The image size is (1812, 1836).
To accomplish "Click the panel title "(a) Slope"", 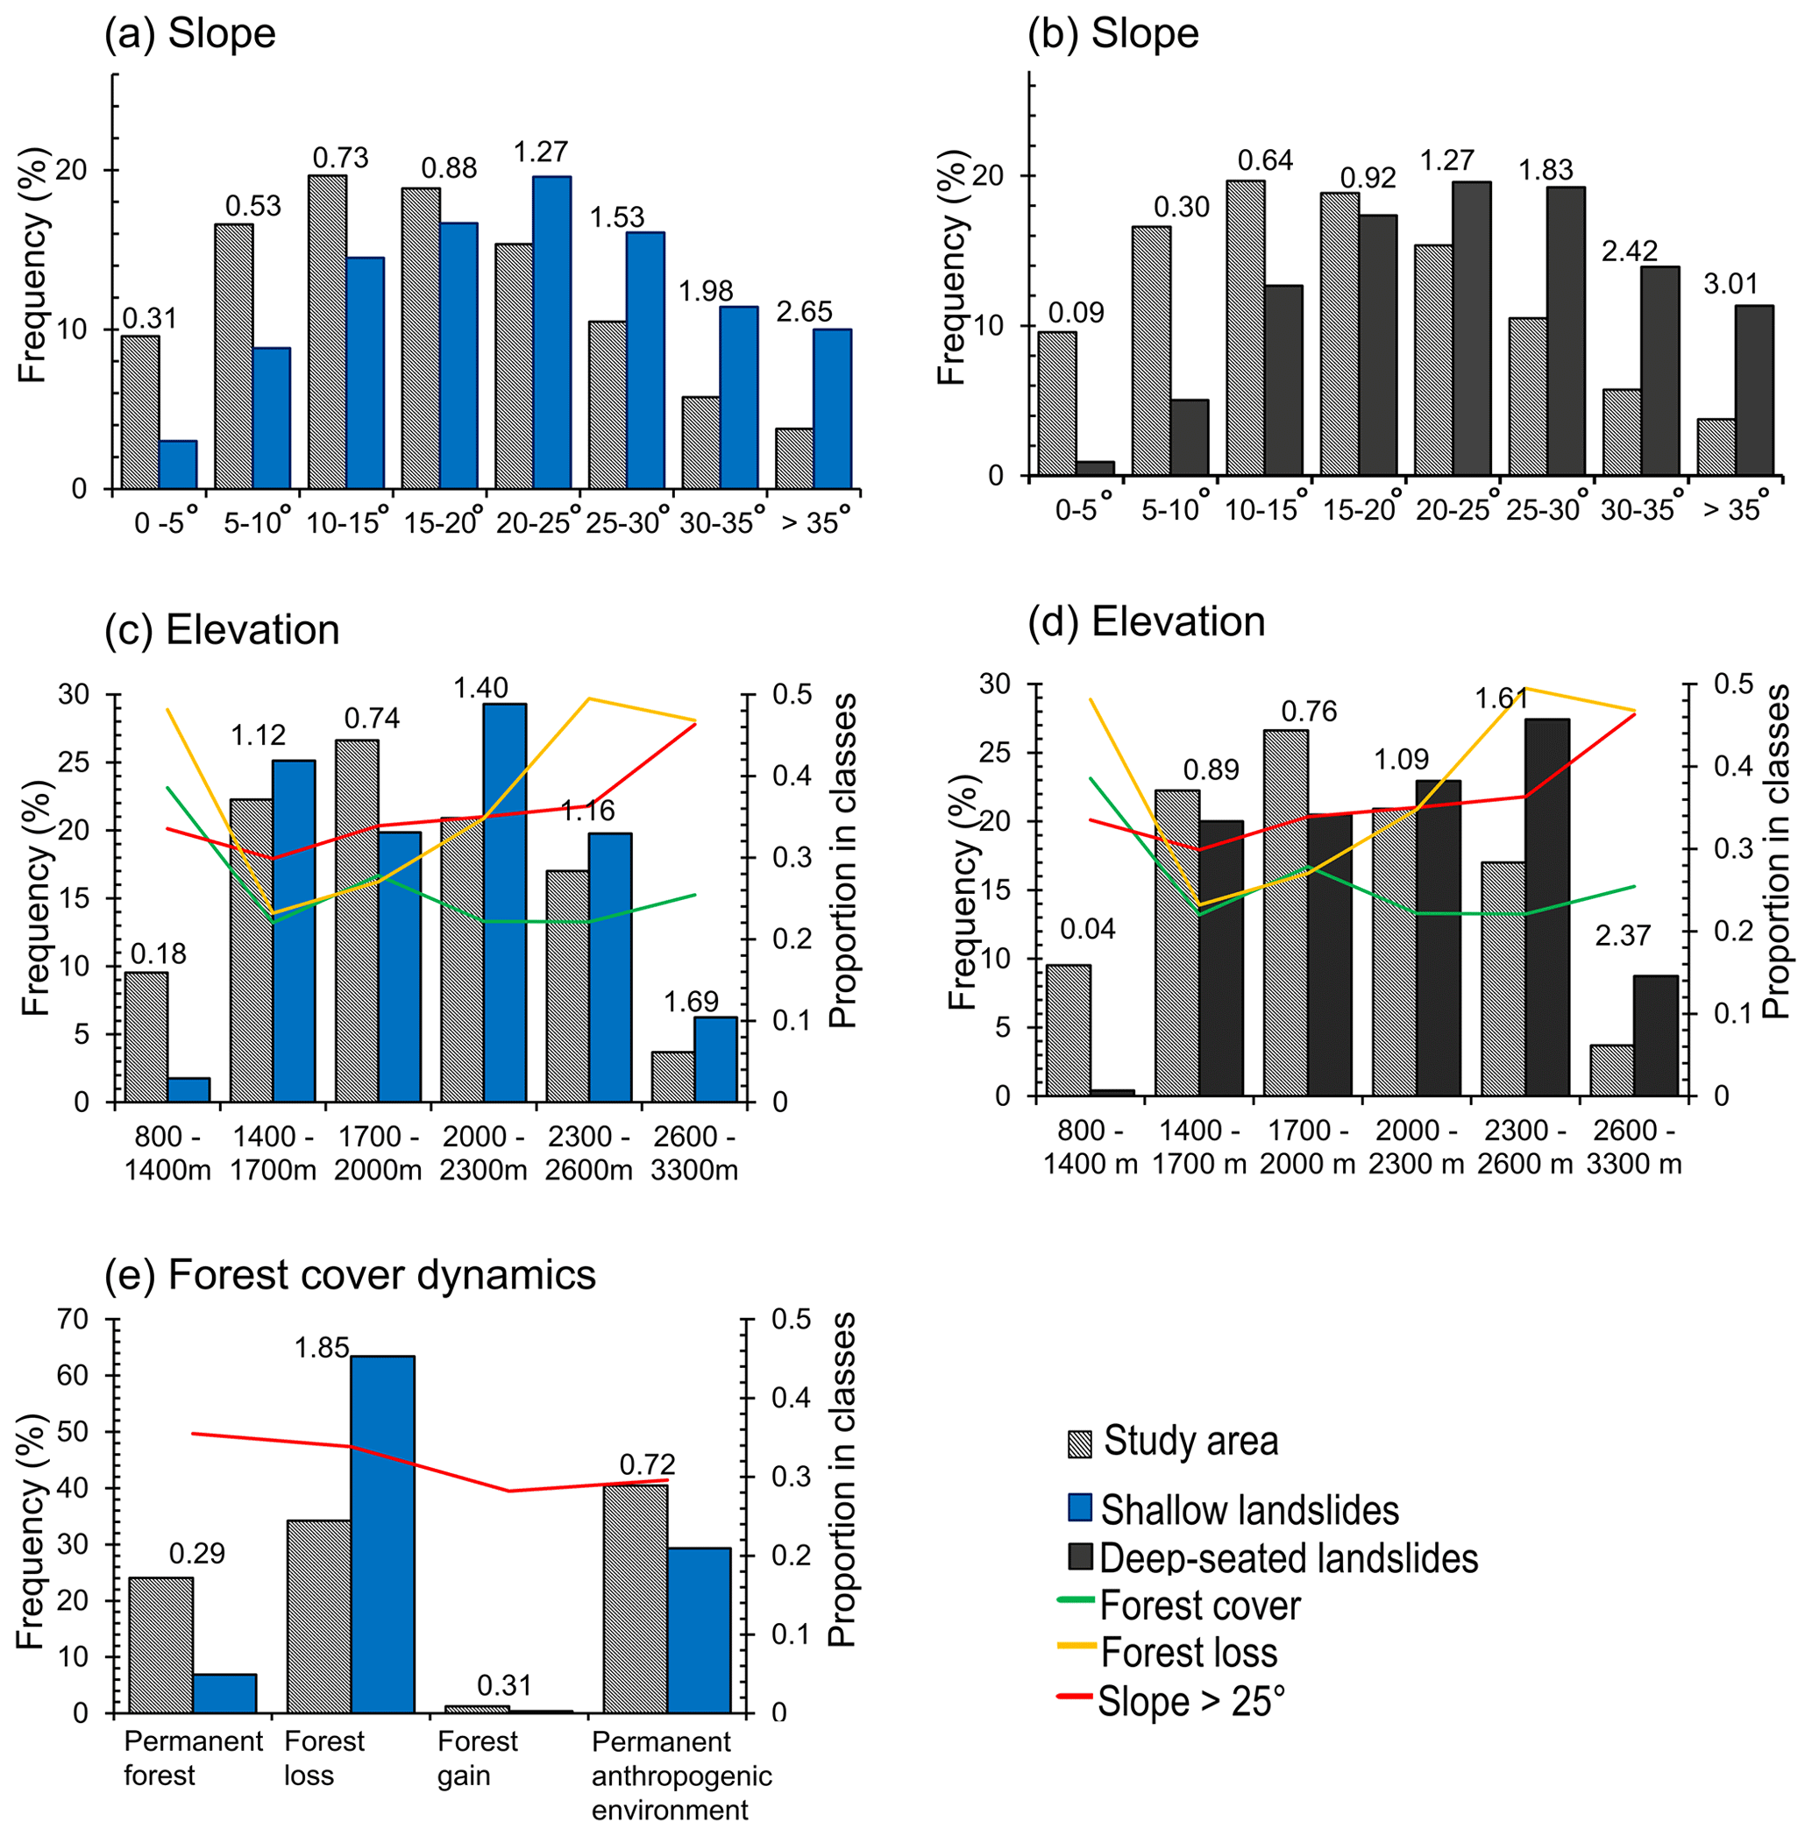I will click(190, 34).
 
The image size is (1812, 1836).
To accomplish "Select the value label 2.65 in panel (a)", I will click(803, 312).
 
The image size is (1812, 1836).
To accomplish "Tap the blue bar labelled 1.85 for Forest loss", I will click(382, 1534).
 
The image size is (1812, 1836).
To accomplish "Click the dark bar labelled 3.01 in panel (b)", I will click(1753, 390).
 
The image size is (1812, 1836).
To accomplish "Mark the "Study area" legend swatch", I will click(1080, 1444).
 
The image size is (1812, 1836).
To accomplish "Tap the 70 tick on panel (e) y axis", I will click(72, 1319).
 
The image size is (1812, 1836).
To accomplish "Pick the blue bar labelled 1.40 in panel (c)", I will click(504, 903).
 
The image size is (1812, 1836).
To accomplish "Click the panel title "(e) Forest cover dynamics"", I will click(350, 1275).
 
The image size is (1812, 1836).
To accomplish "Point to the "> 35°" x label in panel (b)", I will click(1735, 509).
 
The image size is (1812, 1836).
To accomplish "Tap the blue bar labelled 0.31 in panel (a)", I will click(178, 464).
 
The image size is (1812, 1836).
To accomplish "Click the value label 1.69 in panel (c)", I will click(690, 1002).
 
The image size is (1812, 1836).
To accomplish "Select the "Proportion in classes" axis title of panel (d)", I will click(1776, 851).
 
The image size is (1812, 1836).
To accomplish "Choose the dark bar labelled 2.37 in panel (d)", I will click(1655, 1036).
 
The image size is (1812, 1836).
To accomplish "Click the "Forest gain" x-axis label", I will click(477, 1758).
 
